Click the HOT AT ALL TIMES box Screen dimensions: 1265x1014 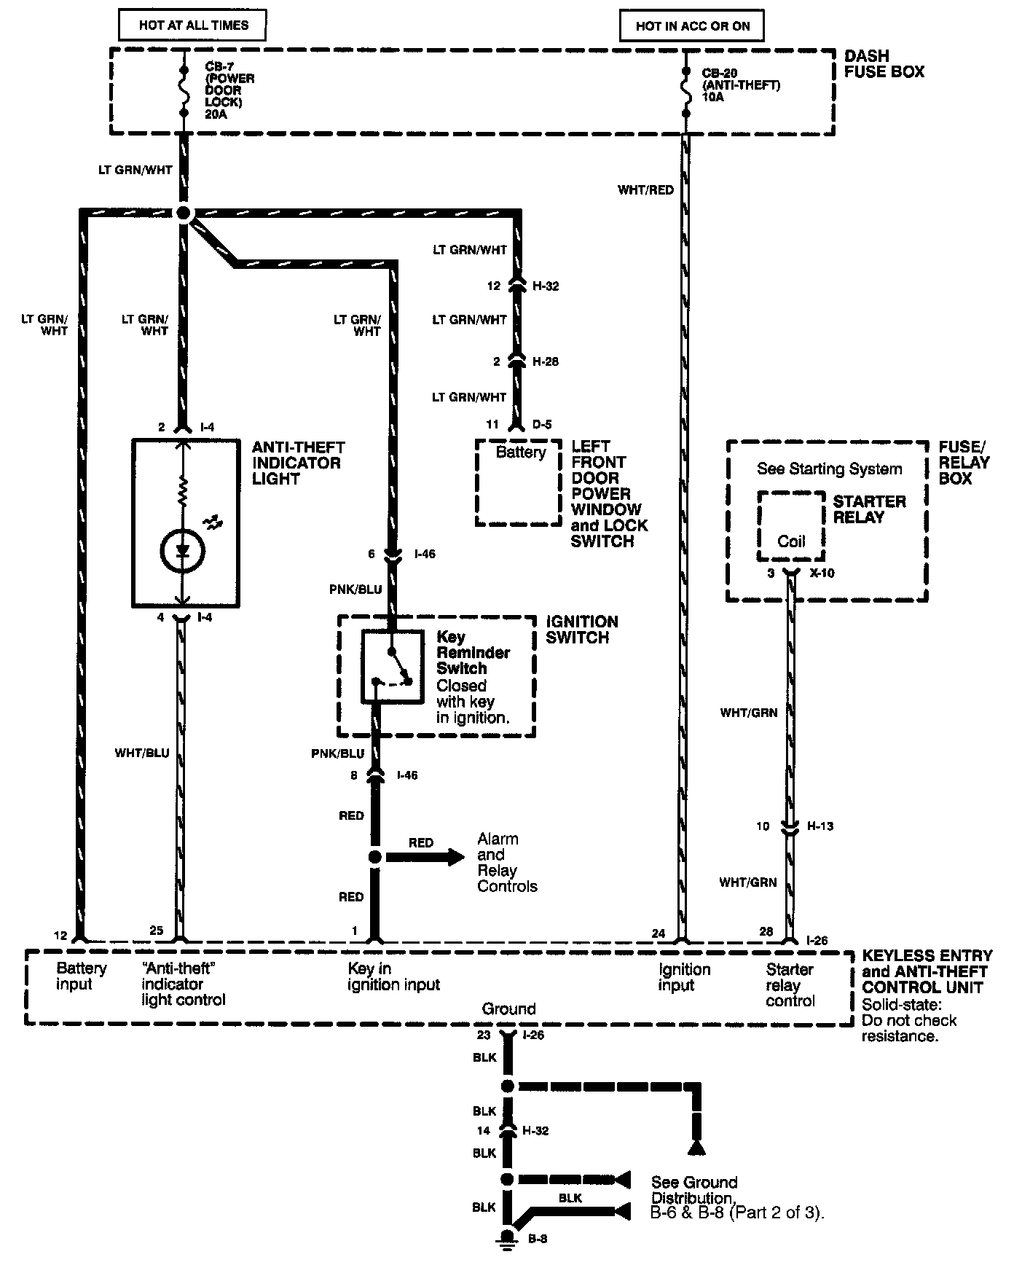click(193, 26)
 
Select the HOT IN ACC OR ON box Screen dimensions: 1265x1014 click(691, 26)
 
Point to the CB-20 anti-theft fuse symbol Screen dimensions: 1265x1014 click(685, 92)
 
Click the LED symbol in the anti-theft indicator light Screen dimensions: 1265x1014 click(182, 551)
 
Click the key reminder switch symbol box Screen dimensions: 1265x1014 click(393, 666)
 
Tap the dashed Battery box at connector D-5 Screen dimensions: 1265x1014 click(519, 482)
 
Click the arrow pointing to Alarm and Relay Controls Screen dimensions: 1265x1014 click(425, 857)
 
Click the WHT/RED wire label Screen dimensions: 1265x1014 click(645, 190)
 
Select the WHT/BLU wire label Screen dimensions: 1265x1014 click(142, 753)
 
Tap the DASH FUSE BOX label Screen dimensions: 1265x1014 click(884, 64)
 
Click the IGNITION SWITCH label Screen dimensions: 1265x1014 click(581, 630)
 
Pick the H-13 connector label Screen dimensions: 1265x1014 click(820, 826)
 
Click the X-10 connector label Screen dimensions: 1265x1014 click(822, 573)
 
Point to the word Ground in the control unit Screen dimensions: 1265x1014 click(508, 1009)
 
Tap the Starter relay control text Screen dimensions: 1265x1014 click(790, 985)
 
